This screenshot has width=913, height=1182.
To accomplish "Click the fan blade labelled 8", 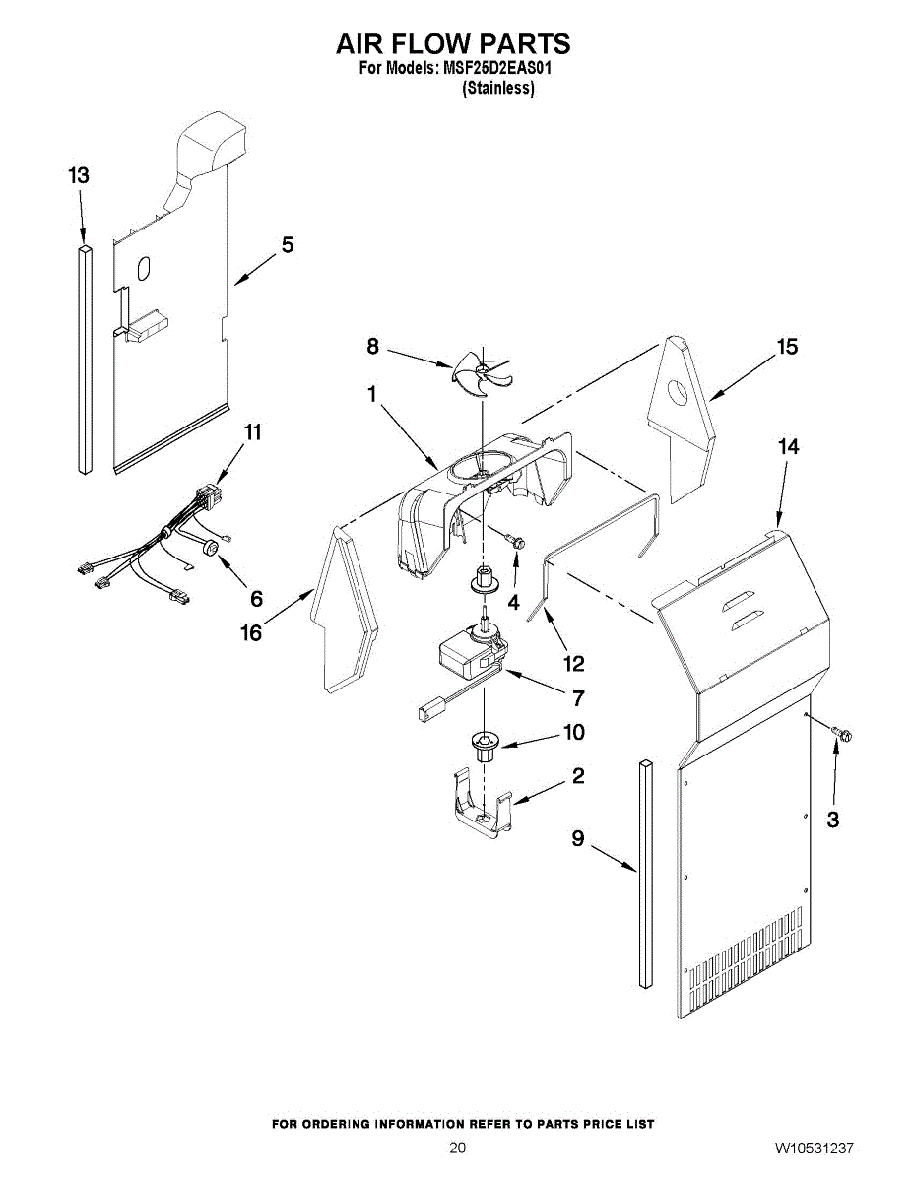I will pos(481,374).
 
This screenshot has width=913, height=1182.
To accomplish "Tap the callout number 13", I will pos(79,175).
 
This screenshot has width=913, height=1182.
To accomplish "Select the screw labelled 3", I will pos(840,733).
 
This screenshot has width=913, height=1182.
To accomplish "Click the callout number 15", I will pos(787,347).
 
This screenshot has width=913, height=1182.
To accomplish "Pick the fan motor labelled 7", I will pos(471,653).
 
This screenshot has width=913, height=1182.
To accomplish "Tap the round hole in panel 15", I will pos(679,395).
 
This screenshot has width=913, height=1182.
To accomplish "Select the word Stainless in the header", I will pos(498,89).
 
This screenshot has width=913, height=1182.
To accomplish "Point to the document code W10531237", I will pos(814,1149).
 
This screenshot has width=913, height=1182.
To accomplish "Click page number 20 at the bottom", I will pos(457,1149).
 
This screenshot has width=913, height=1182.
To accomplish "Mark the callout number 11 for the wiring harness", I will pos(253,431).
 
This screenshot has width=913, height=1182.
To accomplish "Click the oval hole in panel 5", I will pos(144,268).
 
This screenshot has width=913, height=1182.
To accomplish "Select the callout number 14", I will pos(787,446).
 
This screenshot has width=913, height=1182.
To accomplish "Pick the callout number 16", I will pos(251,632).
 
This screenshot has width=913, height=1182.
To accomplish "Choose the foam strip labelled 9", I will pos(645,872).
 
